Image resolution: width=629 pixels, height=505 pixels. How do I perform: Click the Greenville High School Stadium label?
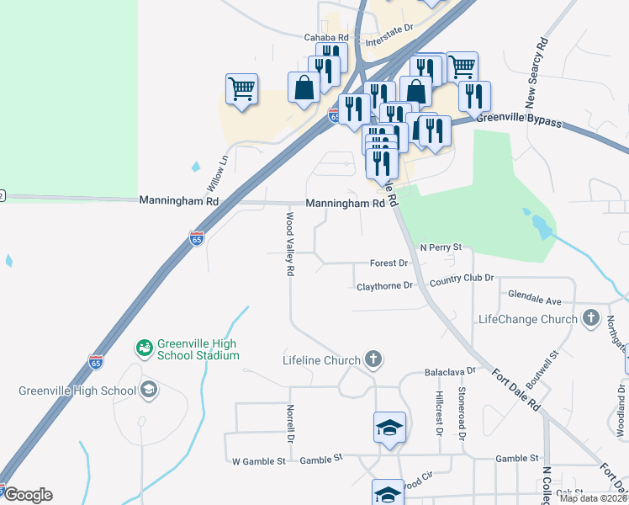pyautogui.click(x=197, y=349)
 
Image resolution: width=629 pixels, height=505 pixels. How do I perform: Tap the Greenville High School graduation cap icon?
pyautogui.click(x=148, y=390)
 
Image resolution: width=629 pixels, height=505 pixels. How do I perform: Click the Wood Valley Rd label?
pyautogui.click(x=289, y=244)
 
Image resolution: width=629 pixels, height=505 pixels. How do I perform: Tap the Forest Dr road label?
pyautogui.click(x=388, y=263)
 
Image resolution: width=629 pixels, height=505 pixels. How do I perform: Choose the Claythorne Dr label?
pyautogui.click(x=385, y=286)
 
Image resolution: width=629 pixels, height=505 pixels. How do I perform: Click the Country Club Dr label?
pyautogui.click(x=461, y=279)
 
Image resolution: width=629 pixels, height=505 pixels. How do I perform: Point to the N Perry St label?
pyautogui.click(x=441, y=247)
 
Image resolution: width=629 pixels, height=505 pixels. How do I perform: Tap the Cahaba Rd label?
pyautogui.click(x=326, y=38)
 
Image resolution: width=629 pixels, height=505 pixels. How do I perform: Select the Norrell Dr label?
pyautogui.click(x=289, y=424)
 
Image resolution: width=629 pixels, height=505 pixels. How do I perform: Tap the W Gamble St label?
pyautogui.click(x=259, y=460)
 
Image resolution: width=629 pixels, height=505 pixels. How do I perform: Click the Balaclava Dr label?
pyautogui.click(x=450, y=370)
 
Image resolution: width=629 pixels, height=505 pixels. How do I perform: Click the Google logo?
pyautogui.click(x=27, y=494)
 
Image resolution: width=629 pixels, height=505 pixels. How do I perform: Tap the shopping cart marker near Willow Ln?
pyautogui.click(x=241, y=88)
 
